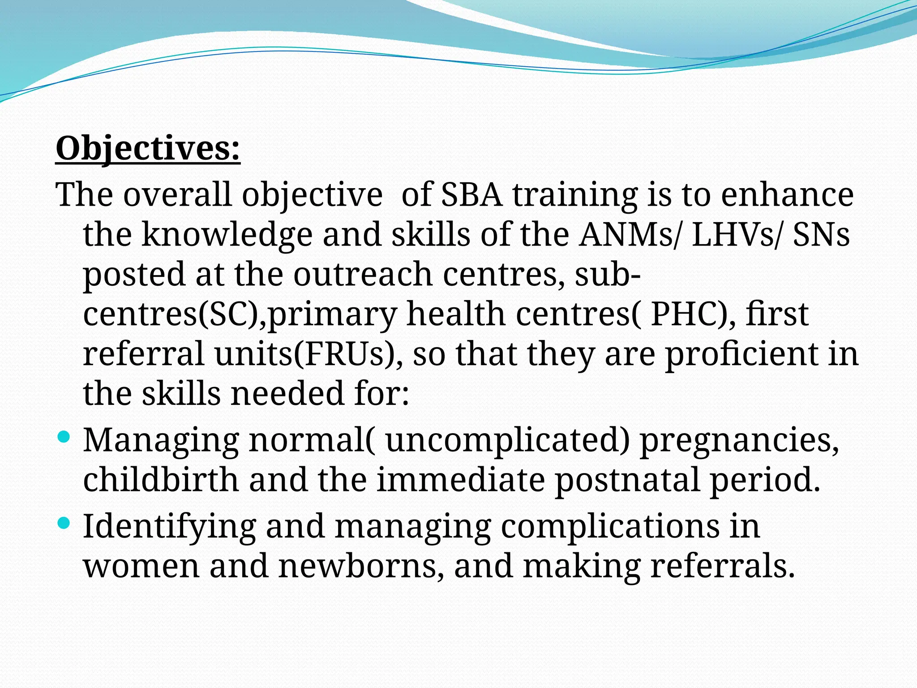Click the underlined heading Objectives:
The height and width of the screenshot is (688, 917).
[x=148, y=149]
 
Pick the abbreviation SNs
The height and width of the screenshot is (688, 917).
[x=821, y=235]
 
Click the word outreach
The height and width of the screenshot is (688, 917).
[x=363, y=274]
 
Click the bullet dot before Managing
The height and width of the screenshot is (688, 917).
[x=64, y=437]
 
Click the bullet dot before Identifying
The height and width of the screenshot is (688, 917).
[x=64, y=522]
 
